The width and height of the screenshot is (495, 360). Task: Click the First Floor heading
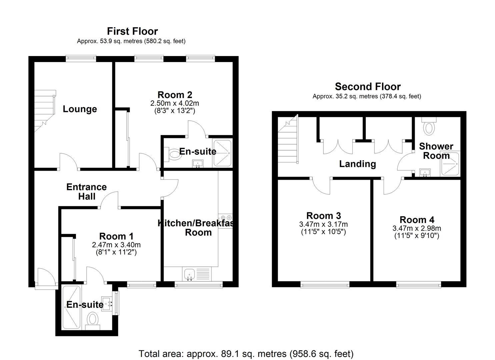pos(132,31)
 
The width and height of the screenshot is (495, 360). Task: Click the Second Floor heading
pos(367,87)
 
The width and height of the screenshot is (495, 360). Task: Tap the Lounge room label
pos(80,109)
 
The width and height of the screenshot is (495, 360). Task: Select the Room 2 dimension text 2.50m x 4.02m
pos(175,103)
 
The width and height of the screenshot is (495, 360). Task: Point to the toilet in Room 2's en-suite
pos(174,154)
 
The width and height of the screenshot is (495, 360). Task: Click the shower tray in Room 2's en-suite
pos(222,153)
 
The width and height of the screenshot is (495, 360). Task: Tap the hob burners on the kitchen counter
pos(225,217)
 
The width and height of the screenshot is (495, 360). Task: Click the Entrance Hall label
pos(86,192)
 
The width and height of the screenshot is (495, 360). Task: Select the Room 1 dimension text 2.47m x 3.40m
pos(116,245)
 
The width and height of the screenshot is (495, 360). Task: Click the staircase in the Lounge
pos(45,110)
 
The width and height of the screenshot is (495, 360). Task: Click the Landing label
pos(357,164)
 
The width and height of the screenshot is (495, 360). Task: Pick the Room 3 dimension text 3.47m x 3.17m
pos(323,224)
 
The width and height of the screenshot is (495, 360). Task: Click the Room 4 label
pos(417,220)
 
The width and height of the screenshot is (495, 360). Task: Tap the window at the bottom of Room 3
pos(325,284)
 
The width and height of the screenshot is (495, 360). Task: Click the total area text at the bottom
pos(246,353)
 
